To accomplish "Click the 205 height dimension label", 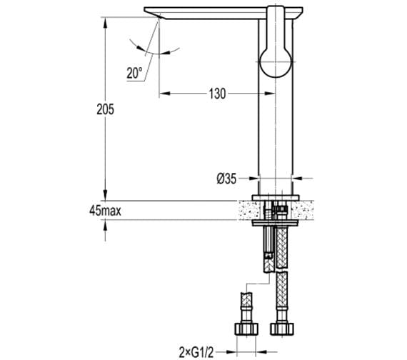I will pos(105,109).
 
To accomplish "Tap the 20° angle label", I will pos(135,71).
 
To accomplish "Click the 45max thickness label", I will pos(105,210).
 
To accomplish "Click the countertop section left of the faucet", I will pos(247,209).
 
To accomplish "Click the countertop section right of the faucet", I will pos(305,209).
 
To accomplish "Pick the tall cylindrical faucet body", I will pos(276,129).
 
